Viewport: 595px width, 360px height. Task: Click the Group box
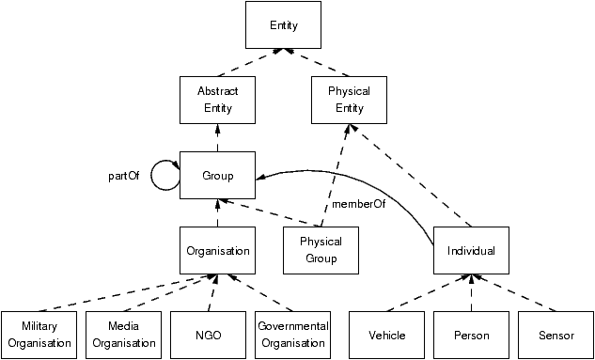pyautogui.click(x=217, y=176)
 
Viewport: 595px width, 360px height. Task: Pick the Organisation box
pyautogui.click(x=217, y=251)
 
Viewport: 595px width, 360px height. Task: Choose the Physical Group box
pyautogui.click(x=321, y=250)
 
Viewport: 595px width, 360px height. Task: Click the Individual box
pyautogui.click(x=471, y=251)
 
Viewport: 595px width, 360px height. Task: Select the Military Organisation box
pyautogui.click(x=39, y=335)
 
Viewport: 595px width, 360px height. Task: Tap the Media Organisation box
pyautogui.click(x=123, y=335)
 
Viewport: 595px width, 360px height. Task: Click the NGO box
pyautogui.click(x=208, y=335)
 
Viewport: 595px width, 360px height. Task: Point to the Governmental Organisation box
pyautogui.click(x=292, y=335)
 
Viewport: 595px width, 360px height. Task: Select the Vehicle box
pyautogui.click(x=386, y=335)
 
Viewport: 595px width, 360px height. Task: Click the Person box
pyautogui.click(x=471, y=335)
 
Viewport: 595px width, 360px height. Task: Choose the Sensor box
pyautogui.click(x=556, y=335)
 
